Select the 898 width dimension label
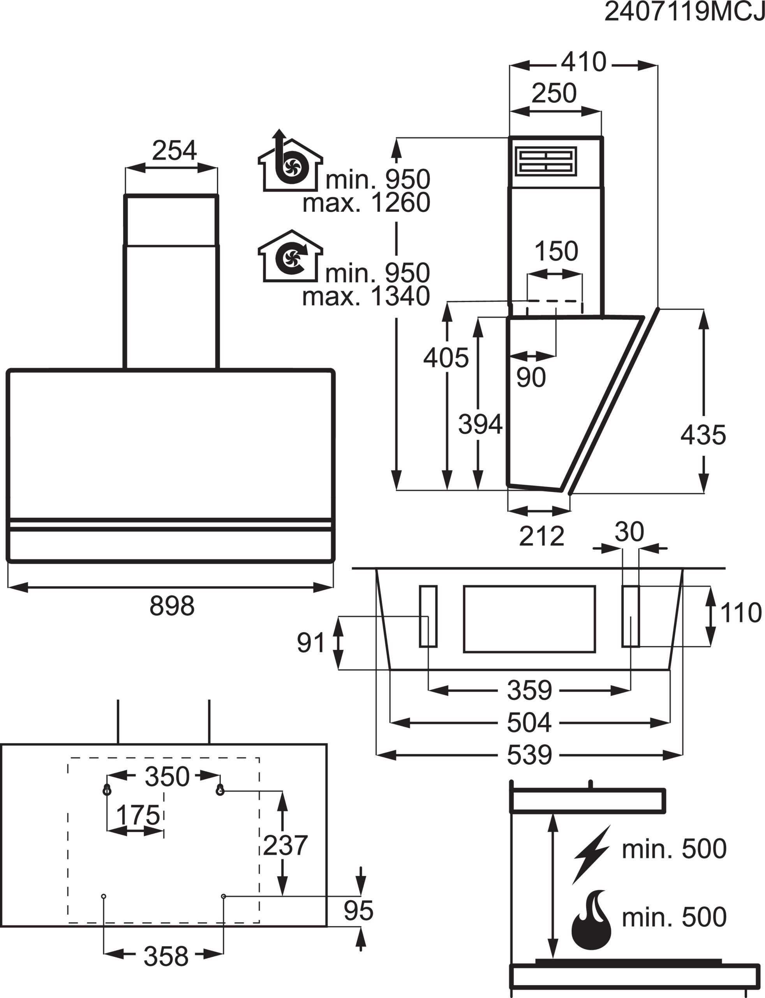click(x=172, y=606)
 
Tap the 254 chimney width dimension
click(x=174, y=150)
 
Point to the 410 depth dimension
click(x=583, y=62)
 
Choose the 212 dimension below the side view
click(x=541, y=536)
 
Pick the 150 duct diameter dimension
click(x=556, y=251)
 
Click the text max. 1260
click(x=366, y=203)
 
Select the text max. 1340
click(x=366, y=297)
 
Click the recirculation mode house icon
click(x=290, y=256)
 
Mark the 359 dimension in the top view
click(x=529, y=690)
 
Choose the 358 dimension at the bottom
click(x=166, y=956)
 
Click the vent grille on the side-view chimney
click(x=546, y=161)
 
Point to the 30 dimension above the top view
click(x=629, y=531)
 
